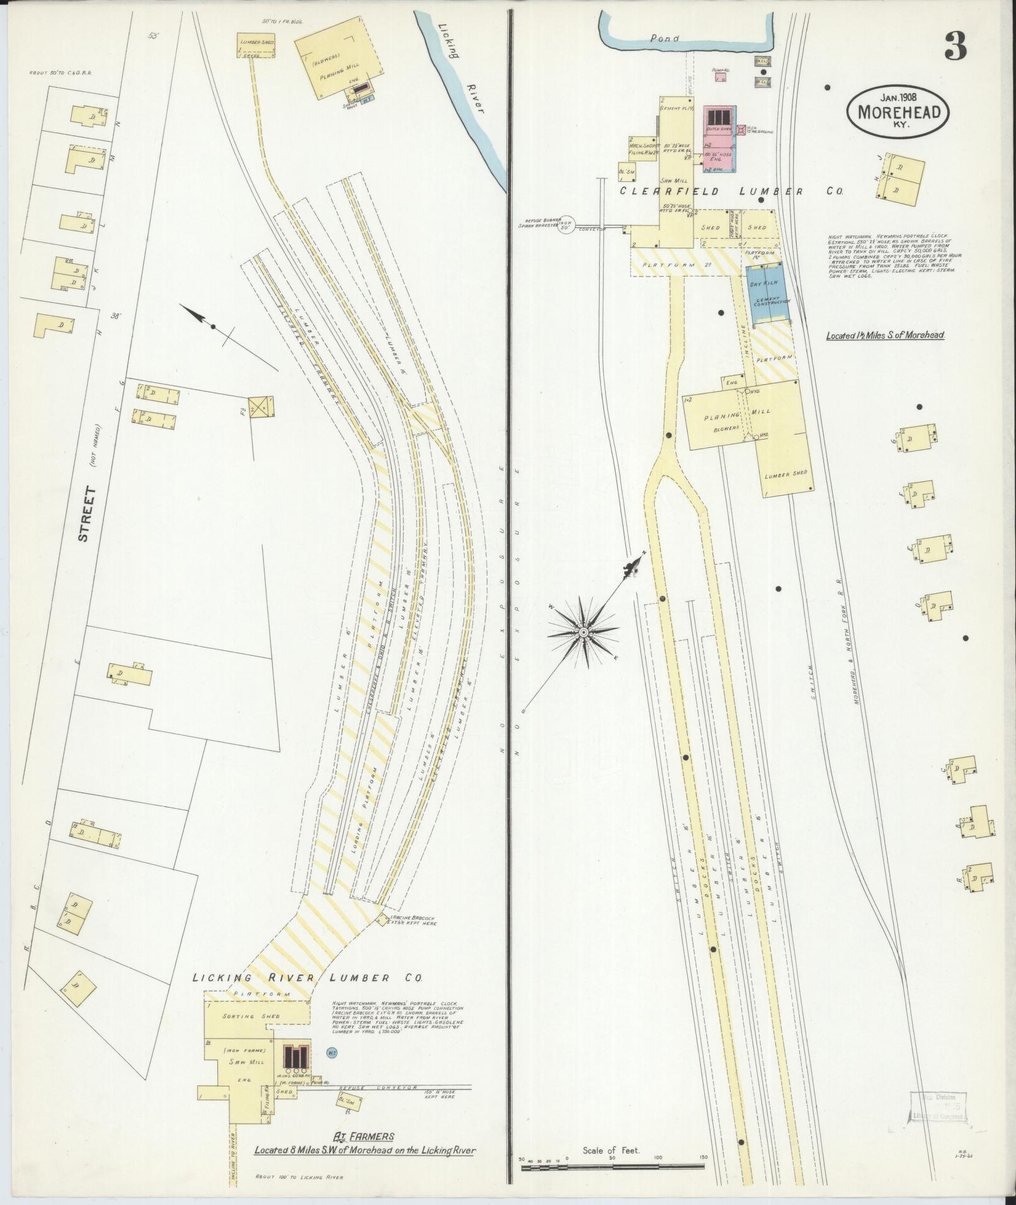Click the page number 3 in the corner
[955, 47]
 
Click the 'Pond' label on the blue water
[665, 38]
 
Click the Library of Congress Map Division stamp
[938, 1106]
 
